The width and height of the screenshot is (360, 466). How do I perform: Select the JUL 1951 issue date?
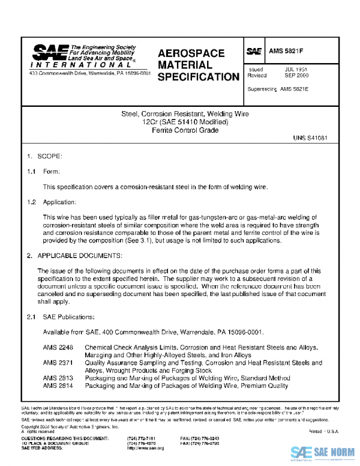coord(296,70)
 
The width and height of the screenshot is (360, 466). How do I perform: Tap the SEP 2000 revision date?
coord(296,76)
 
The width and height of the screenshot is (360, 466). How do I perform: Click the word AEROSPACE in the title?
coord(191,53)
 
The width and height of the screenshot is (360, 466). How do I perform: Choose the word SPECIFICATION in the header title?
coord(198,77)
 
